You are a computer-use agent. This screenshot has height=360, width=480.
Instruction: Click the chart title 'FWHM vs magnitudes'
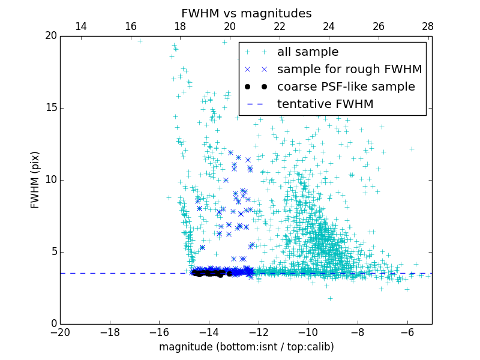(x=246, y=13)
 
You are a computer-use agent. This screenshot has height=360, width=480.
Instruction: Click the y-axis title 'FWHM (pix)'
(x=35, y=179)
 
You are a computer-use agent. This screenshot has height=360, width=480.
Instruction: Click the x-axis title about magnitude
(x=246, y=347)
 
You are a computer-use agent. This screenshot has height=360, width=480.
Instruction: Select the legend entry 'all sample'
(x=307, y=52)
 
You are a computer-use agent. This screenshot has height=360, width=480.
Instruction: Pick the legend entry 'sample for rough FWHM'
(x=349, y=70)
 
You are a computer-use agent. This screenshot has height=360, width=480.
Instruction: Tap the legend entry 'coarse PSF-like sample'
(x=346, y=87)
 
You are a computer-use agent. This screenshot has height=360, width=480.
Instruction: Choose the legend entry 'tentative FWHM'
(x=325, y=104)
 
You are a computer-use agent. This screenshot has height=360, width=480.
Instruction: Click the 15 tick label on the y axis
(x=50, y=108)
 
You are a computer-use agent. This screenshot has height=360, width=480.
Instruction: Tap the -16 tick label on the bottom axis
(x=159, y=332)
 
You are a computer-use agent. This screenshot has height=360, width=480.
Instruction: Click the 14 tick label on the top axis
(x=80, y=26)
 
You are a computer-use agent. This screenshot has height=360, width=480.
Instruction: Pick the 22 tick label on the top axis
(x=279, y=26)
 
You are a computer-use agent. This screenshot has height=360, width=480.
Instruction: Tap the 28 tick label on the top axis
(x=428, y=26)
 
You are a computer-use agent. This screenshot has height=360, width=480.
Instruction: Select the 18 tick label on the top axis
(x=180, y=26)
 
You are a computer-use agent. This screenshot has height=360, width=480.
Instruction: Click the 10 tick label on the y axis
(x=50, y=180)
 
